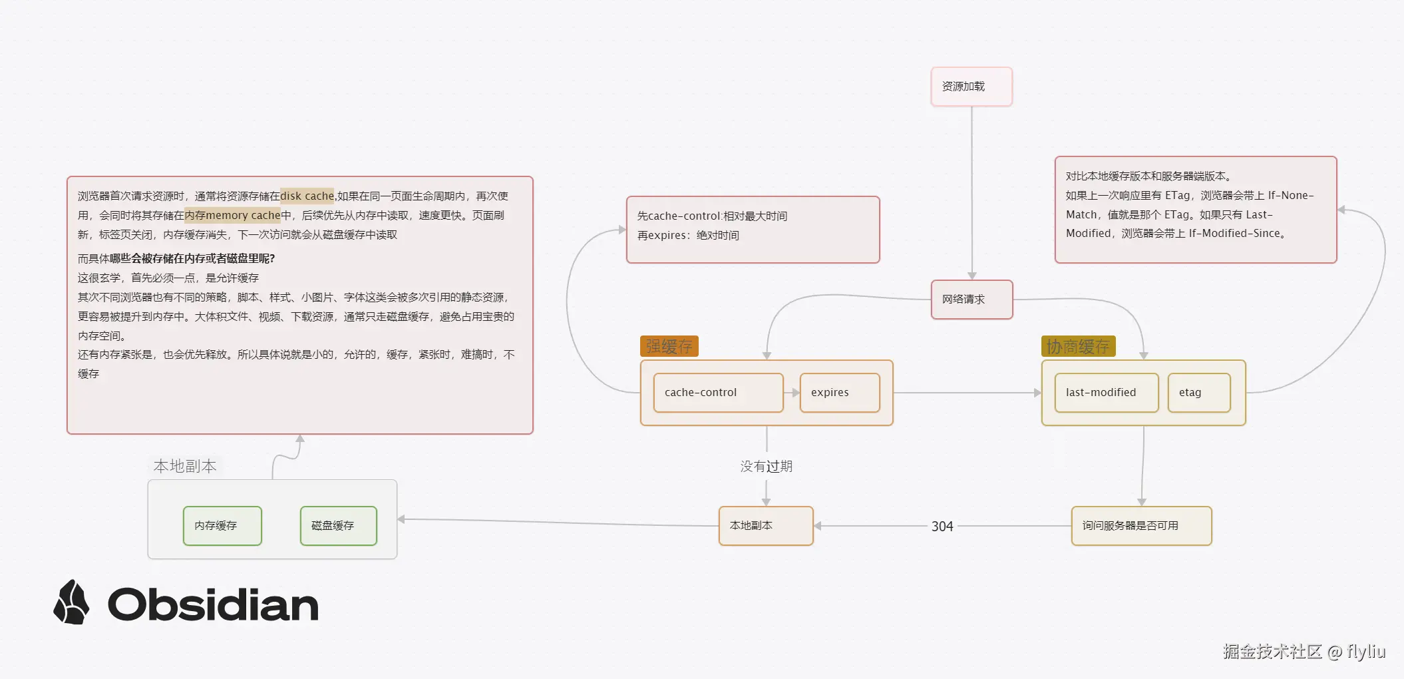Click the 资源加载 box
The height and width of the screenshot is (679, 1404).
point(971,87)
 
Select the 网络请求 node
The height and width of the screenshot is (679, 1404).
point(971,300)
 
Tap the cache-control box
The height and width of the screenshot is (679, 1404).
point(718,393)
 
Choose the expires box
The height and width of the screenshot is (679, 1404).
point(840,393)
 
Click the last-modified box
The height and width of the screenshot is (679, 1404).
point(1106,393)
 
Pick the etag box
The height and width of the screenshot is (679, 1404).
point(1199,393)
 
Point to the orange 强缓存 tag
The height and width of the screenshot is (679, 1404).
point(669,346)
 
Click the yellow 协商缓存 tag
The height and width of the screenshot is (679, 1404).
point(1078,346)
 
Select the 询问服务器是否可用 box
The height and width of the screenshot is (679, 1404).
point(1141,526)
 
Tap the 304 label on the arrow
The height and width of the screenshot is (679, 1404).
point(942,527)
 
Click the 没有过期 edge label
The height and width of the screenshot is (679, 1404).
point(767,467)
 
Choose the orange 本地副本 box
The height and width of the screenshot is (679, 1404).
point(766,526)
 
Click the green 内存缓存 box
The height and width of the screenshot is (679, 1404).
point(222,526)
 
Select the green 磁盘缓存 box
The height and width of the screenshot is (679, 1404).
point(338,526)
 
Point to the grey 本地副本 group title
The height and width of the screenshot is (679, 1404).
point(185,466)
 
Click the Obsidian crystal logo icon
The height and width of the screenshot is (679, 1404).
point(71,602)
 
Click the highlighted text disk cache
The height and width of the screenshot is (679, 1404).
point(307,196)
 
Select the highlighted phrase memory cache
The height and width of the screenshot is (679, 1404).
point(243,215)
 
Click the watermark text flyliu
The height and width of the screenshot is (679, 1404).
point(1366,651)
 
